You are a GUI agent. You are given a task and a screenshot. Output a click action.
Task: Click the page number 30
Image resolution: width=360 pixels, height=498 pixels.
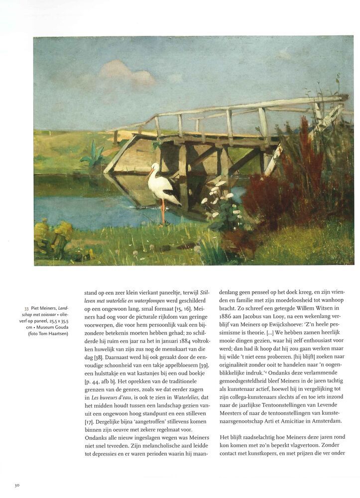click(17, 485)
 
